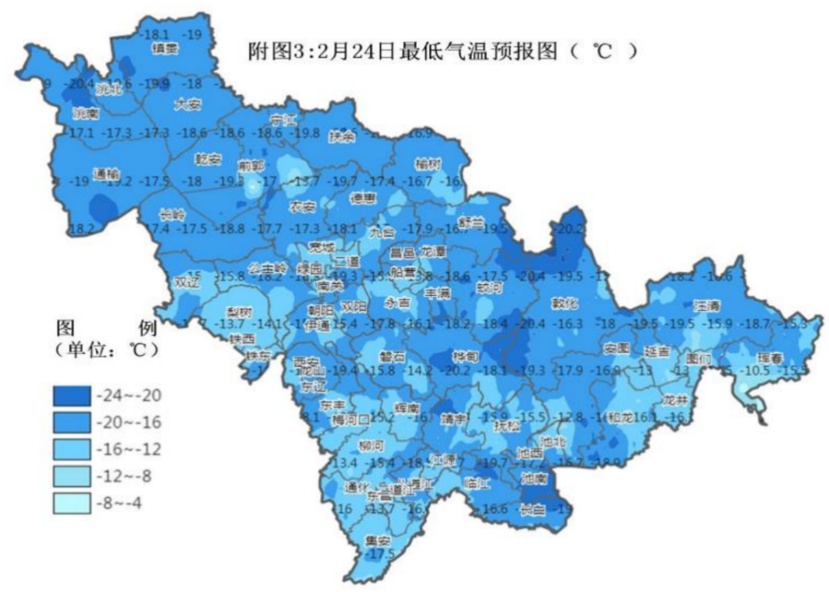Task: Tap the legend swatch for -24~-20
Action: [73, 396]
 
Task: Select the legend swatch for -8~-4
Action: [73, 504]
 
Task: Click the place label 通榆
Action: [105, 173]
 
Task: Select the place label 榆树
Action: [428, 165]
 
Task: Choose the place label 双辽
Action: [187, 282]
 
